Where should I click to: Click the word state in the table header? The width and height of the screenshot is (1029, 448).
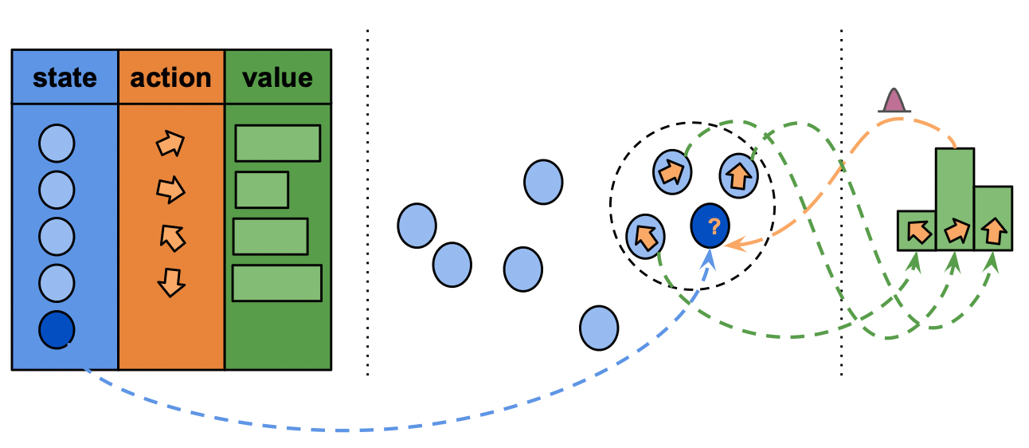pyautogui.click(x=65, y=77)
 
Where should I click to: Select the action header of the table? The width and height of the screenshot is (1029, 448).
pyautogui.click(x=170, y=77)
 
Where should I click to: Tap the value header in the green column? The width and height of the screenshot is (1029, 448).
pyautogui.click(x=277, y=77)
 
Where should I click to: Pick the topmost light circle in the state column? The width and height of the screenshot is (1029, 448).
pyautogui.click(x=57, y=144)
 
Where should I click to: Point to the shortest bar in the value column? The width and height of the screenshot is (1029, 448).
pyautogui.click(x=262, y=190)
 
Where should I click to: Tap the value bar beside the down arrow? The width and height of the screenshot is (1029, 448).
pyautogui.click(x=276, y=283)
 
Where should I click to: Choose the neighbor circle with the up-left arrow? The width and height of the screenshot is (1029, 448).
pyautogui.click(x=645, y=235)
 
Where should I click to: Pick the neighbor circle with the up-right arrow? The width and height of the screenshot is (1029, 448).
pyautogui.click(x=672, y=171)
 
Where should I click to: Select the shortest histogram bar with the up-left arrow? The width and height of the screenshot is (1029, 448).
pyautogui.click(x=917, y=231)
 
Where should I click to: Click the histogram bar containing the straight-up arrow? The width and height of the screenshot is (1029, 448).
pyautogui.click(x=993, y=219)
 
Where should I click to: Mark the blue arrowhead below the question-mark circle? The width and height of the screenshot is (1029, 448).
pyautogui.click(x=709, y=257)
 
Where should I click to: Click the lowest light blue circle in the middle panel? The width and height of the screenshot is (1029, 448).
pyautogui.click(x=599, y=327)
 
